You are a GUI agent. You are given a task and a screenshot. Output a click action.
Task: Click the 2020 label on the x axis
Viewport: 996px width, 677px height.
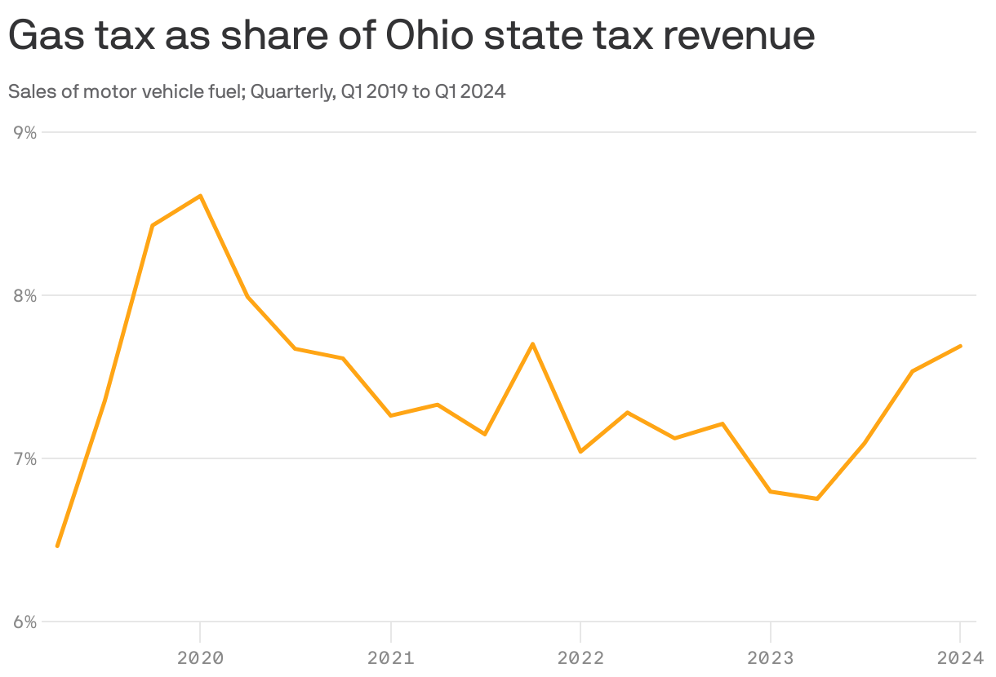click(200, 657)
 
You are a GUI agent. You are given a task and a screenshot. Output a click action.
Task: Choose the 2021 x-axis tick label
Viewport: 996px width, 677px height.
click(390, 657)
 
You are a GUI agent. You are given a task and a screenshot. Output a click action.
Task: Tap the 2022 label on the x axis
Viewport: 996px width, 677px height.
click(580, 657)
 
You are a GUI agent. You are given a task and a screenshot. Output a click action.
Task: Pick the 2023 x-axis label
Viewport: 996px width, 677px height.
click(771, 657)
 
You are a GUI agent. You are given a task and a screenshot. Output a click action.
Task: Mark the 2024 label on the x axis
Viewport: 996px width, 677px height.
click(960, 657)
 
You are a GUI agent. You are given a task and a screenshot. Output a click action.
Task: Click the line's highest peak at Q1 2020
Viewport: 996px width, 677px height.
click(200, 196)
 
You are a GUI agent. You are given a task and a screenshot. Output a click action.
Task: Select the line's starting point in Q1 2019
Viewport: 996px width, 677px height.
click(57, 546)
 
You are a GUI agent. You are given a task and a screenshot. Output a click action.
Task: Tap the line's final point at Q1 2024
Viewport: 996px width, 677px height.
click(961, 346)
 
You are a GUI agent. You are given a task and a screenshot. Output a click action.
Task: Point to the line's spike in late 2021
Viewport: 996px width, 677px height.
click(532, 344)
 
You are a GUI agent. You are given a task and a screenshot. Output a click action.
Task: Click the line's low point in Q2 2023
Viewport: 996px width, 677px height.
click(817, 498)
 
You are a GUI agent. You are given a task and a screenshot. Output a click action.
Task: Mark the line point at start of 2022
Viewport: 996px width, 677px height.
click(580, 451)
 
